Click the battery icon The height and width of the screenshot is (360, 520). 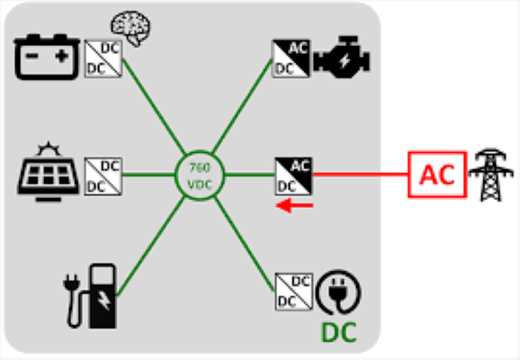47,57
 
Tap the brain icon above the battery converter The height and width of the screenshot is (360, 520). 130,28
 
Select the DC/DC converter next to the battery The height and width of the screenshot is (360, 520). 103,59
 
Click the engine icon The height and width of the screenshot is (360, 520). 342,57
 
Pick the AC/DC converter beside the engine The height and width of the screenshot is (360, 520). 291,59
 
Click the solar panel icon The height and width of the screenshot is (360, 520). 49,172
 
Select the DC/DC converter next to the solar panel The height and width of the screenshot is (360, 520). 103,176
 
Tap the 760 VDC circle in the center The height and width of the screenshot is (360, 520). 200,175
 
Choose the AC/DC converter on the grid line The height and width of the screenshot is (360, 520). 294,176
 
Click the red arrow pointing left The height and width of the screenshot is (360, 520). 294,205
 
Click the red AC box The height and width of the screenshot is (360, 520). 437,175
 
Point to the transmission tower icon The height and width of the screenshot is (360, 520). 490,175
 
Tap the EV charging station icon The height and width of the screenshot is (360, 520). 90,296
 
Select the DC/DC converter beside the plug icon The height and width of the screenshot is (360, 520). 294,292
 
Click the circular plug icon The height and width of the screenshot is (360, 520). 338,292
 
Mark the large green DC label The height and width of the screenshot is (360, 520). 339,332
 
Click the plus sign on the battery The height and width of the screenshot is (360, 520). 62,56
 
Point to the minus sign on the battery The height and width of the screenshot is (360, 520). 31,56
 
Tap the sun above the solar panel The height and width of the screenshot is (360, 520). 49,148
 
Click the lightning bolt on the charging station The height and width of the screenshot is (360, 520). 104,301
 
